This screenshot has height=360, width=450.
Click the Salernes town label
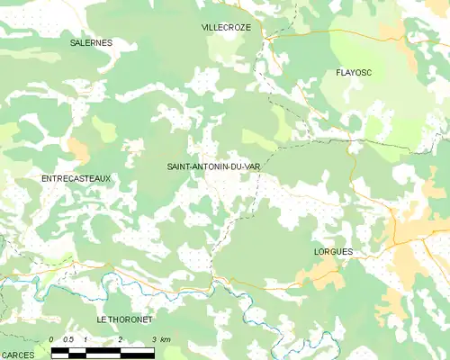point(91,42)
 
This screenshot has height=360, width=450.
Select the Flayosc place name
point(354,72)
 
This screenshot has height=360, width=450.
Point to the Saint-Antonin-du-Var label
point(213,166)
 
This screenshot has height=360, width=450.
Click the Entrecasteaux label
point(76,179)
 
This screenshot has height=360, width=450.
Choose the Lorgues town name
point(333,252)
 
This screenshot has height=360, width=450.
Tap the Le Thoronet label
point(125,319)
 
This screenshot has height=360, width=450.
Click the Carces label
point(18,355)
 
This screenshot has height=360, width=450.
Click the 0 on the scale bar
point(52,339)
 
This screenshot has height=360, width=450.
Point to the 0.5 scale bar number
point(68,339)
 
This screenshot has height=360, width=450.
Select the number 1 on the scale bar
point(85,339)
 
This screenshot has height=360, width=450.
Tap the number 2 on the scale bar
point(120,339)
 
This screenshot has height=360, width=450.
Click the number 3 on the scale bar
point(153,339)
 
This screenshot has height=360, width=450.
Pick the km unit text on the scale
point(165,339)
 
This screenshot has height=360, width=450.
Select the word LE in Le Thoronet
point(102,319)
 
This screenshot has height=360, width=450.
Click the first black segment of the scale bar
point(60,351)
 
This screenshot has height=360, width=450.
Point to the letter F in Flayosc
point(337,72)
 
